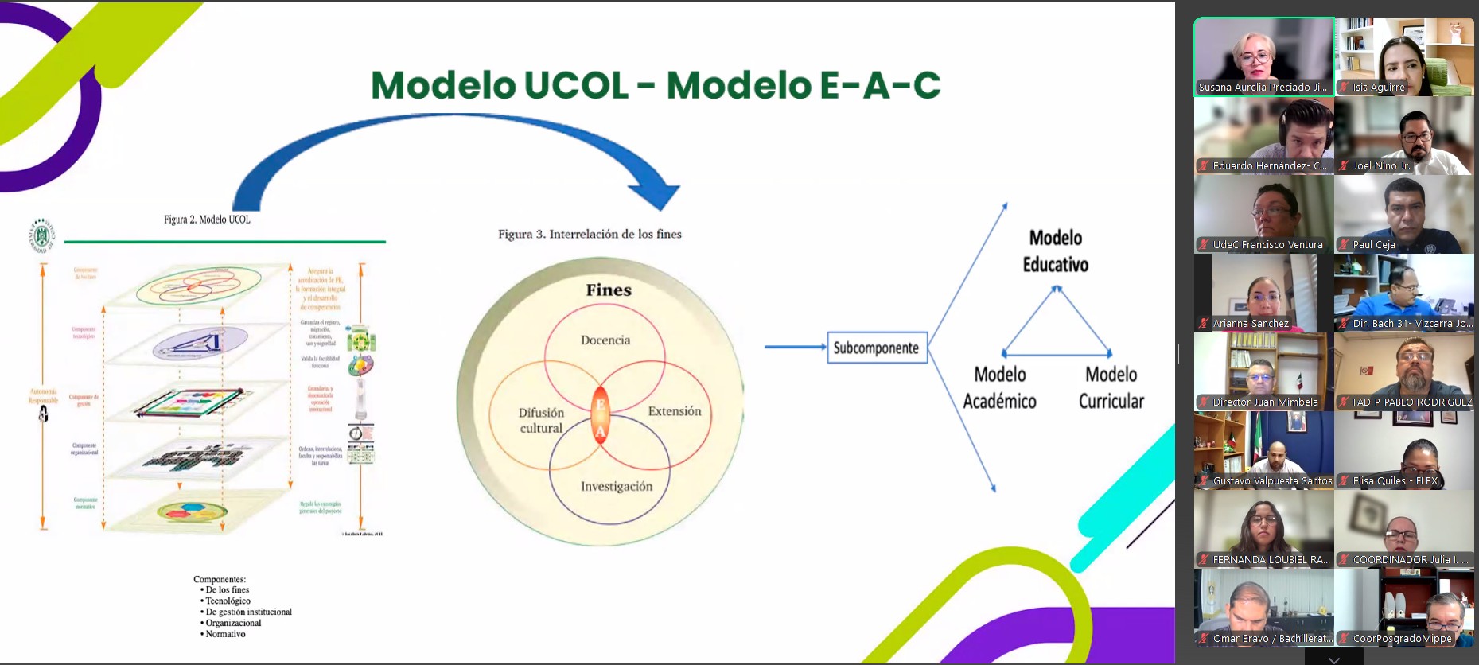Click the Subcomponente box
(877, 348)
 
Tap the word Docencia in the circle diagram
(605, 340)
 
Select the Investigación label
(616, 487)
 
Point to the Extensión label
(675, 411)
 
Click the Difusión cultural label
(541, 420)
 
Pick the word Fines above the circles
(609, 290)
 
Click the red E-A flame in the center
(601, 414)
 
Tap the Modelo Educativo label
(1056, 251)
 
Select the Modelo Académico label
(999, 387)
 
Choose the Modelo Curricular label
(1111, 387)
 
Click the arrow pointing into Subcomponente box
(795, 347)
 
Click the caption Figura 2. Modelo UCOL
(207, 220)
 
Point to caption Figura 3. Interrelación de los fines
(590, 234)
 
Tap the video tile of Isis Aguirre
(1404, 56)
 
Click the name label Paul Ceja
(1374, 245)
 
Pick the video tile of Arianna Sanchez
(1263, 292)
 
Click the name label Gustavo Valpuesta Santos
(1272, 481)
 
